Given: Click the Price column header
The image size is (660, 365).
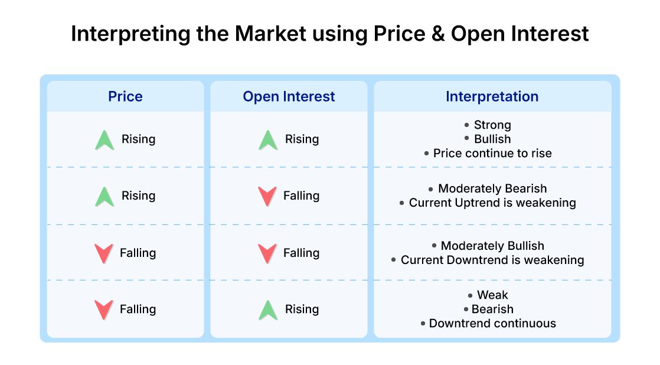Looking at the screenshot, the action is pos(125,96).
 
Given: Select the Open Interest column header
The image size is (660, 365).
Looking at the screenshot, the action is pos(289,96).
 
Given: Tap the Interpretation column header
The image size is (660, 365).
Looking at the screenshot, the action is pos(492,96).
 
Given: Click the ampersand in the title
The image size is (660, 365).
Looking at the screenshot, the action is pos(438,34).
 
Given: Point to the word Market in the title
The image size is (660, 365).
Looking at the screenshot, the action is pos(270,34).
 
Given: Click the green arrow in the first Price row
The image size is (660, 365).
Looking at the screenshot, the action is pos(104,140).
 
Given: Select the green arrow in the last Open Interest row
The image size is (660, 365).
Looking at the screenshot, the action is pos(268,310).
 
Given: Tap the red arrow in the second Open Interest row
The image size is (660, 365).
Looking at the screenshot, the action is pos(267,196).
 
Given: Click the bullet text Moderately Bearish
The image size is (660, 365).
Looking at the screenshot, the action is pos(492,188).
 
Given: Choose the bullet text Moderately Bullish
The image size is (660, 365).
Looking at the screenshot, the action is pos(492,246).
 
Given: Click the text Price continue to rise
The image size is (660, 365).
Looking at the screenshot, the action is pos(492,153).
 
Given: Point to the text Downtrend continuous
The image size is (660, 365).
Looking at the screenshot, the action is pos(492,323).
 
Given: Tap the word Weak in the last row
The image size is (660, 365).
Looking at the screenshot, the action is pos(492,295).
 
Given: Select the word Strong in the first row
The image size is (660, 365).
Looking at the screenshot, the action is pos(492,125).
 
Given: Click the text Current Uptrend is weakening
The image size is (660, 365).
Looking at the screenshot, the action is pos(492,203).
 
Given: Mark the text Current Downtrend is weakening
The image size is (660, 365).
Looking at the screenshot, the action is pos(492,260).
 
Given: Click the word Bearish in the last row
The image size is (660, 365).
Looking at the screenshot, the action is pos(492,309).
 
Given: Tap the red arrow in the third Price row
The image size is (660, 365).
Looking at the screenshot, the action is pos(104,253).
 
